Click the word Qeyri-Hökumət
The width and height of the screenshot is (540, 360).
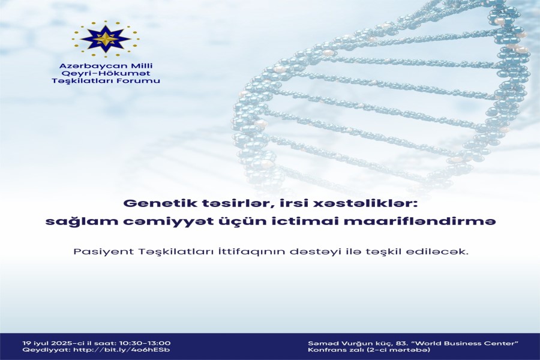[x=106, y=73]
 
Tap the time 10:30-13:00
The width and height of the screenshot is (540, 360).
[x=145, y=343]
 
